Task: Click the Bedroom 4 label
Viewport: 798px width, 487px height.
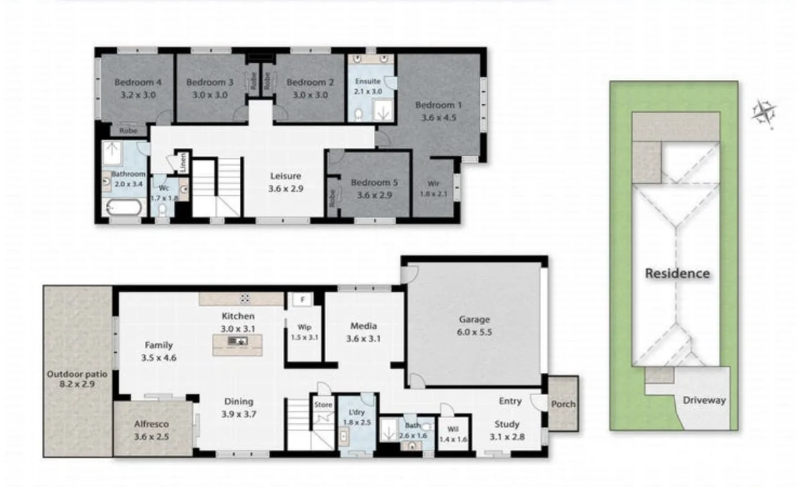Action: click(x=138, y=82)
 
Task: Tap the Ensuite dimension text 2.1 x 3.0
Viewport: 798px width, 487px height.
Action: click(x=368, y=91)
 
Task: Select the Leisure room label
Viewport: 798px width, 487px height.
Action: click(x=285, y=176)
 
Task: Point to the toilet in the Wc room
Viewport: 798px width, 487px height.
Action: click(x=163, y=210)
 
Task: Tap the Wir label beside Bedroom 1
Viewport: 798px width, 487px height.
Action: click(x=434, y=183)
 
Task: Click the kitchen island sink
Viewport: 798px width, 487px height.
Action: click(x=237, y=341)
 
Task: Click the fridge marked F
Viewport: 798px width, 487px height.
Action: click(x=303, y=299)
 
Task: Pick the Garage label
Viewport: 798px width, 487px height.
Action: click(x=474, y=319)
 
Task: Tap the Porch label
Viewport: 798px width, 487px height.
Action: click(x=563, y=404)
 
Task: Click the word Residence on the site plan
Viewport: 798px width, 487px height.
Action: click(x=677, y=274)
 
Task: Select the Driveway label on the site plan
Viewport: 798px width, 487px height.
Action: click(x=703, y=400)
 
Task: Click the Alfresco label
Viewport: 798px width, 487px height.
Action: click(x=151, y=424)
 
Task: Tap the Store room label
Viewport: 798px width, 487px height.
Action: click(x=323, y=405)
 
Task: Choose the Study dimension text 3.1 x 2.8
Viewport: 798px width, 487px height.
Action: click(x=507, y=437)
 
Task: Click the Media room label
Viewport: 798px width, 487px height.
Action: click(x=363, y=326)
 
